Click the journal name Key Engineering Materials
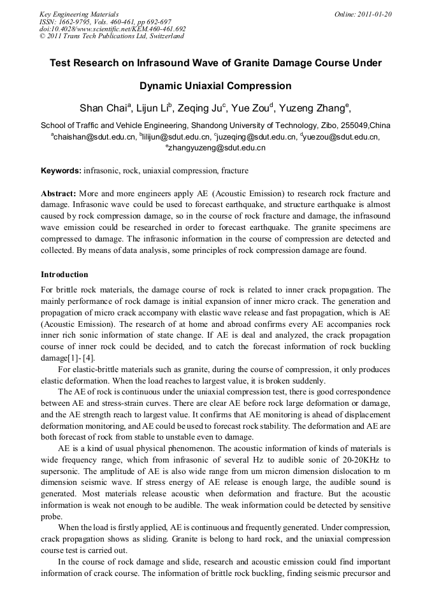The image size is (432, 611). point(78,14)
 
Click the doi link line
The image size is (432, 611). point(112,29)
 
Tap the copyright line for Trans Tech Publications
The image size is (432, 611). point(112,36)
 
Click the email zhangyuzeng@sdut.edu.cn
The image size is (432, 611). point(217,148)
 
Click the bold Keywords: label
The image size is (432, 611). point(61,171)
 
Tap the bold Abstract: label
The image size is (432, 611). point(59,193)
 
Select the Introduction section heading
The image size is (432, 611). point(64,275)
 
